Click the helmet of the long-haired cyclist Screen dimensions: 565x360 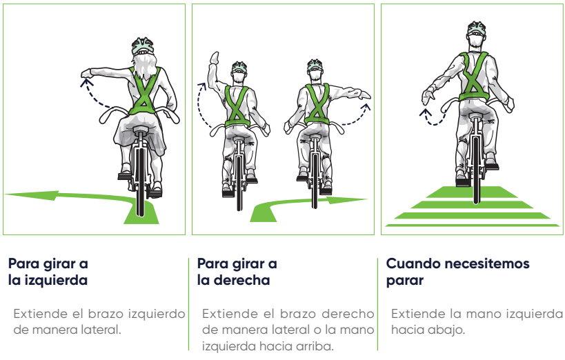pos(143,46)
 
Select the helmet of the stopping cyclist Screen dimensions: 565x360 pos(477,28)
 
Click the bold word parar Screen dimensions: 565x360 pos(405,281)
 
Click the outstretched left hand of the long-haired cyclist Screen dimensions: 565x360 pos(86,74)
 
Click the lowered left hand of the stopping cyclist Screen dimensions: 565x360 pos(427,97)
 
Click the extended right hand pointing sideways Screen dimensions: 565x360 pos(364,94)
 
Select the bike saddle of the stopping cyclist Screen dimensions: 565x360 pos(476,116)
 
